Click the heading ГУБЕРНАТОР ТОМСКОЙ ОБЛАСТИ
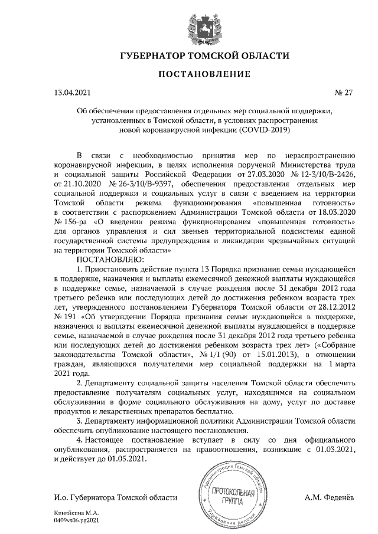click(x=204, y=57)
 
